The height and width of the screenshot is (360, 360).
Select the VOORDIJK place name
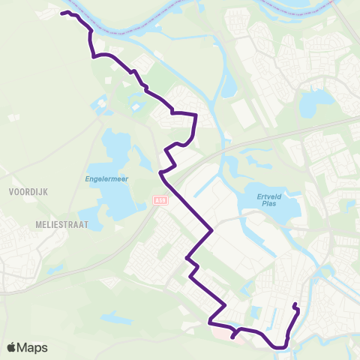28,192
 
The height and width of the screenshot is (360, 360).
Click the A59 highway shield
158,200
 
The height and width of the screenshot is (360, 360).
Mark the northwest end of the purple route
61,13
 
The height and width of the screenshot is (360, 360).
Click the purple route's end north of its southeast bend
295,304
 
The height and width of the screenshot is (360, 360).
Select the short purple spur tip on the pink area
232,337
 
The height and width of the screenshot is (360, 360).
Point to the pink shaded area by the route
222,328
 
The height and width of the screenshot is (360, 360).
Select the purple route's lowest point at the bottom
278,347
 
